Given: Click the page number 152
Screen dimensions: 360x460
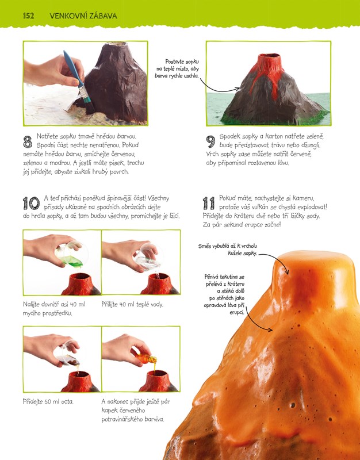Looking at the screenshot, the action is (28, 16).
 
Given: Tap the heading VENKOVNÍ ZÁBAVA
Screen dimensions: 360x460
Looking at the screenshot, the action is (83, 16).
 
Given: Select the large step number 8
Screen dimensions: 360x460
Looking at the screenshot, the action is (28, 141).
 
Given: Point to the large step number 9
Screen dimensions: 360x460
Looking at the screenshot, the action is (210, 141).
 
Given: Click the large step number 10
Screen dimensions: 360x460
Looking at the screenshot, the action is (31, 203).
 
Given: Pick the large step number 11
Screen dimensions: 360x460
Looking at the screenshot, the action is (209, 203).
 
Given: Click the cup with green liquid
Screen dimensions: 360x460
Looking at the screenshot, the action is (70, 254).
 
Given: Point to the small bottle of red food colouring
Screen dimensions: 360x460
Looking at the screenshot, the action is (146, 358).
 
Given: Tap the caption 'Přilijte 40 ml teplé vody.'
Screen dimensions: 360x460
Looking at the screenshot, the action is (132, 305).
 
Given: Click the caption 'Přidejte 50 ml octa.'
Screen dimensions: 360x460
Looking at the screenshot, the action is (48, 401).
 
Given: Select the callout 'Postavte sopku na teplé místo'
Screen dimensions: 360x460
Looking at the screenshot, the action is (177, 68).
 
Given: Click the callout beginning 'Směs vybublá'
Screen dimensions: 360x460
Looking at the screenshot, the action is (228, 250).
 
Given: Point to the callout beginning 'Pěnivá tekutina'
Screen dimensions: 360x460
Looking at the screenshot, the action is (224, 294).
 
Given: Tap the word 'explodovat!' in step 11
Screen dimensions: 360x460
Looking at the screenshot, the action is (312, 207).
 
